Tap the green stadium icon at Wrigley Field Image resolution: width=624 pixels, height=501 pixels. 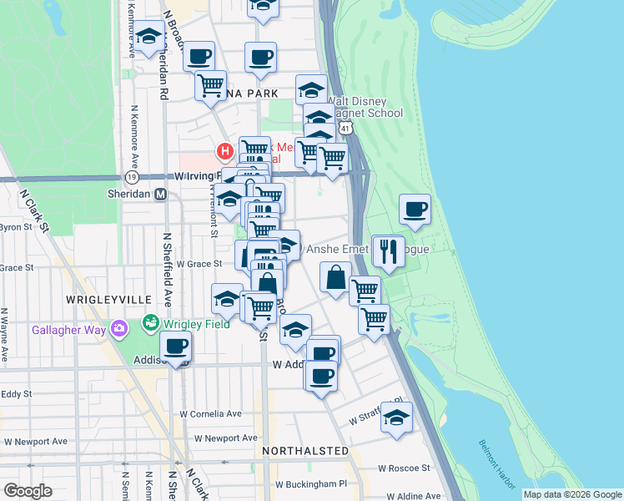pyautogui.click(x=151, y=321)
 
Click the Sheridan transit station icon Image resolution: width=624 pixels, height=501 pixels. pyautogui.click(x=163, y=194)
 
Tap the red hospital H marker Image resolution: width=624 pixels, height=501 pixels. pyautogui.click(x=224, y=151)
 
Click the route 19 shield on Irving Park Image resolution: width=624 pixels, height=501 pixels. pyautogui.click(x=131, y=177)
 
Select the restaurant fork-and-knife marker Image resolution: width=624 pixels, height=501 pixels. pyautogui.click(x=388, y=250)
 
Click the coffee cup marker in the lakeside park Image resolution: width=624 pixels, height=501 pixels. pyautogui.click(x=415, y=210)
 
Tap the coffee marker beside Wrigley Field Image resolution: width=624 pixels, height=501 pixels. pyautogui.click(x=175, y=346)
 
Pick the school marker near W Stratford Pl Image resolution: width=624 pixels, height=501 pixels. pyautogui.click(x=397, y=417)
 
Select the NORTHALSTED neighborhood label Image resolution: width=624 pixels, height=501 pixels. pyautogui.click(x=305, y=451)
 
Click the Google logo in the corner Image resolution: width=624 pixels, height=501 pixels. pyautogui.click(x=28, y=490)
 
